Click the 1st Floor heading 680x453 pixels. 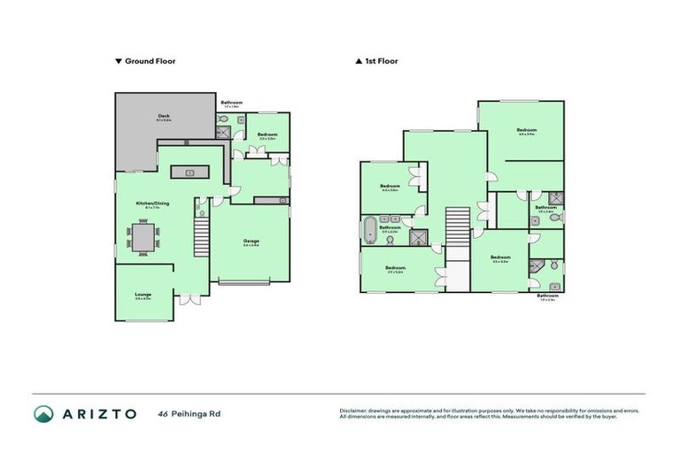(380, 62)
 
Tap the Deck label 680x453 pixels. (164, 116)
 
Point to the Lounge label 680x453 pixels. (143, 295)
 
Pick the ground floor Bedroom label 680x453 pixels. (267, 134)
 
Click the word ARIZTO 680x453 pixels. (98, 414)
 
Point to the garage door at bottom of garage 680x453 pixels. (245, 283)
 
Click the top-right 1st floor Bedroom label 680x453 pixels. (527, 130)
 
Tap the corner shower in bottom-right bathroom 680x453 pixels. (534, 265)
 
